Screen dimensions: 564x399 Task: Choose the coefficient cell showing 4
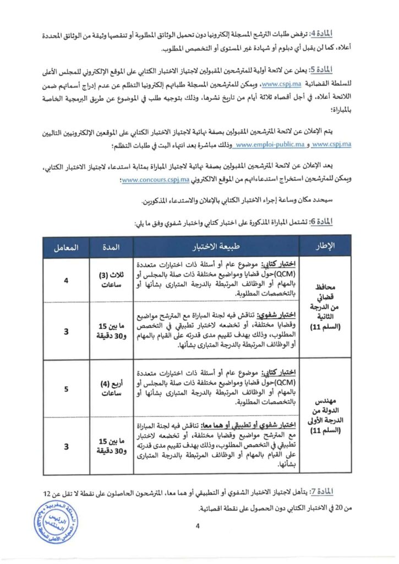(65, 280)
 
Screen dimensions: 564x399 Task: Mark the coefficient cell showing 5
(65, 389)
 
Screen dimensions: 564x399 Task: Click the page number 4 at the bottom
(196, 526)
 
